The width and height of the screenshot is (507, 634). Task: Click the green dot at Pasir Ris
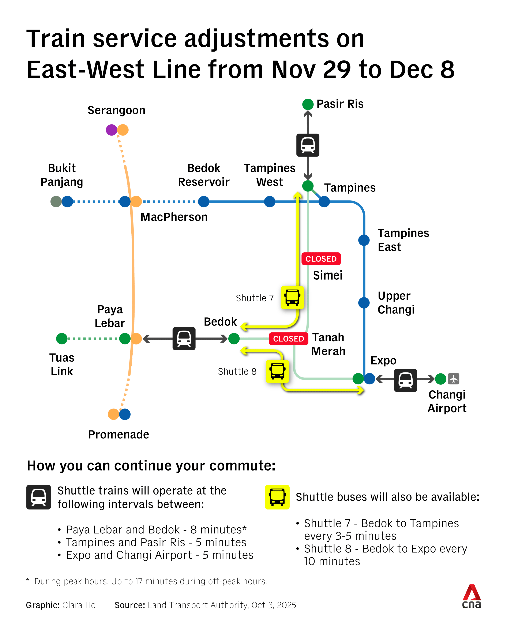pos(308,104)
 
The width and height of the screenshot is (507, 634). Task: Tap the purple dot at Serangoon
pos(111,130)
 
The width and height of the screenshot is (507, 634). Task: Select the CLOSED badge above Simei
pos(321,259)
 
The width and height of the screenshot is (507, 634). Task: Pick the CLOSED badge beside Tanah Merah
pos(288,339)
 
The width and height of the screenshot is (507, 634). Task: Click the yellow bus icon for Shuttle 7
pos(292,297)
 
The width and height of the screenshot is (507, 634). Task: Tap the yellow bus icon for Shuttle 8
pos(277,371)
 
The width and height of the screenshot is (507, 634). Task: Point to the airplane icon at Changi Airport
pos(454,379)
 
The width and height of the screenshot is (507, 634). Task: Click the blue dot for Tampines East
pos(364,240)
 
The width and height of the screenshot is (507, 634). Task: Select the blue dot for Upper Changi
pos(364,303)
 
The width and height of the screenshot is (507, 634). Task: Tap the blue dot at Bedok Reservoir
pos(204,201)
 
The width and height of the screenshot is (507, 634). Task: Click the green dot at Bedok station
pos(234,339)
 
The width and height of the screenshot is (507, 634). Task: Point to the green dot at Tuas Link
pos(62,339)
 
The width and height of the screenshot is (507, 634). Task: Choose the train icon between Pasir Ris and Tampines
pos(308,145)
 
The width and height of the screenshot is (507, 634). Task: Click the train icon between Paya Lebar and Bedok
pos(184,339)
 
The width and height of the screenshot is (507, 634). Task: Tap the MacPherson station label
pos(174,217)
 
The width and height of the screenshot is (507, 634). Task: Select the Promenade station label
pos(119,434)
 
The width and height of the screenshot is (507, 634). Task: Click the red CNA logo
pos(472,597)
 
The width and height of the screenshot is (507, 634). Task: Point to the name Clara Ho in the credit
pos(79,605)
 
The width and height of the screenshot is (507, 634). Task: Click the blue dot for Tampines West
pos(270,201)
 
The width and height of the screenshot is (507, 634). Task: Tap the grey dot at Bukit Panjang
pos(56,201)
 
